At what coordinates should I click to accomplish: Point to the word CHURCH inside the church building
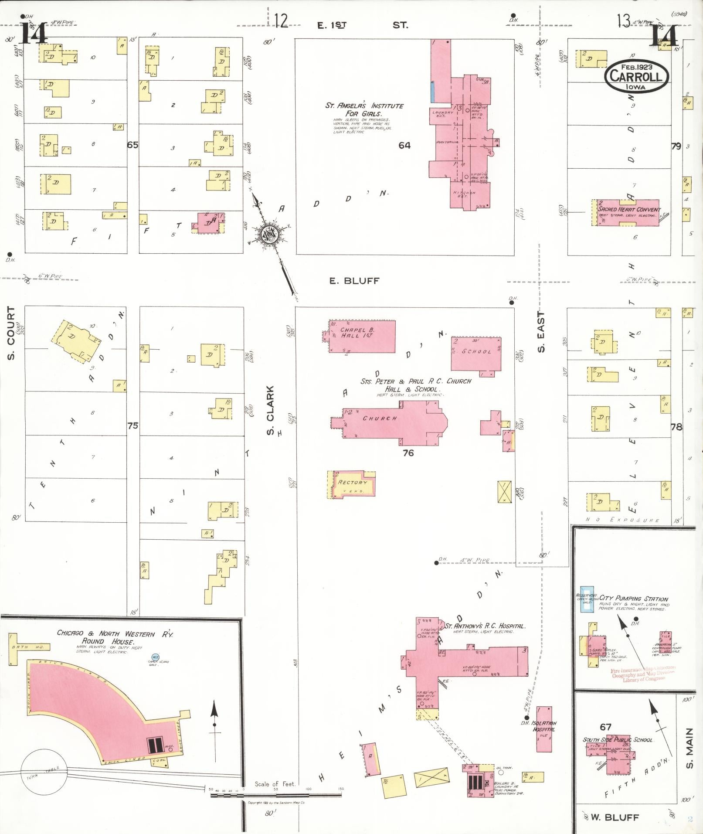pos(380,418)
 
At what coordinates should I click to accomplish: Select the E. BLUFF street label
pos(354,281)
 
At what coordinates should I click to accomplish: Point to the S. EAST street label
pos(541,332)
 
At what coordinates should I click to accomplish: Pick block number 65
pos(132,145)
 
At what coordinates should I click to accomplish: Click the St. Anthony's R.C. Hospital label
pos(485,626)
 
